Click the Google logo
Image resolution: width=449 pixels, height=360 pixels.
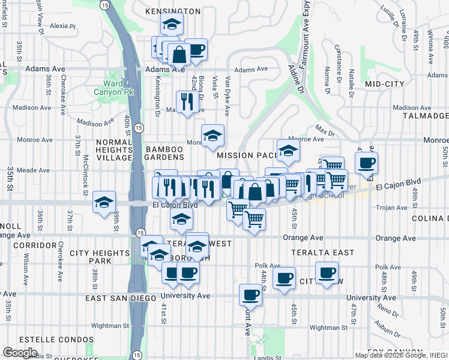click(20, 353)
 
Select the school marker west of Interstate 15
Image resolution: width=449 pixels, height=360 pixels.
click(104, 202)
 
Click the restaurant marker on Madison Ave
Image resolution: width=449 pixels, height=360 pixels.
click(187, 101)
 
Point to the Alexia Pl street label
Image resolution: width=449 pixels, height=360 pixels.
click(63, 26)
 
